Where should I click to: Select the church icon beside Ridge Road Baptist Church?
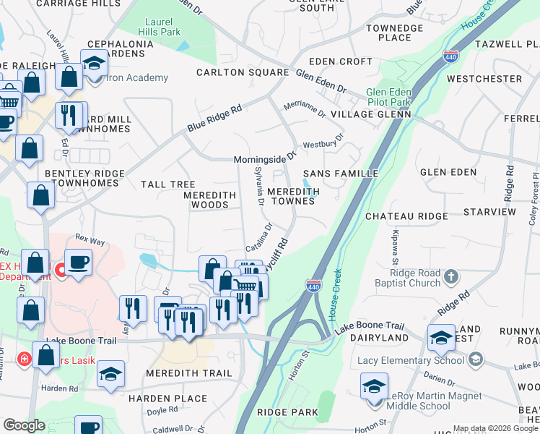(x=451, y=276)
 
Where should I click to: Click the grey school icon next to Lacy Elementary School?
(x=475, y=359)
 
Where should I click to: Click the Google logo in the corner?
(x=24, y=425)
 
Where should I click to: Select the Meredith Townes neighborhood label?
(x=293, y=196)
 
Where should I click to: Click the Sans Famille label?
(x=341, y=174)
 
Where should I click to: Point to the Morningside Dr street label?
(x=264, y=158)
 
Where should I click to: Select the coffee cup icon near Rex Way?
(x=78, y=262)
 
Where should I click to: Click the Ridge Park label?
(x=292, y=412)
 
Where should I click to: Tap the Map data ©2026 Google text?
(x=495, y=428)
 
